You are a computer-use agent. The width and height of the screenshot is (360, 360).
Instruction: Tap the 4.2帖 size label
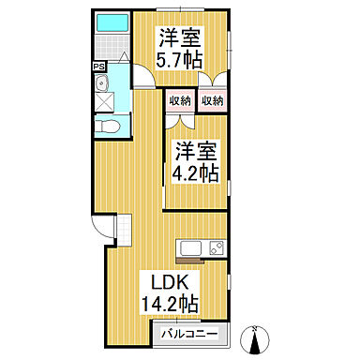[196, 172]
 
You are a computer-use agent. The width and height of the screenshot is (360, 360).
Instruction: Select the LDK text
[170, 281]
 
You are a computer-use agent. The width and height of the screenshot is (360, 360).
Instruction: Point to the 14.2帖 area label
[170, 303]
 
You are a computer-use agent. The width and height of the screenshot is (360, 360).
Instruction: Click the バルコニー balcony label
[189, 334]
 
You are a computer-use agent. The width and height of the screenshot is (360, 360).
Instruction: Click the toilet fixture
[106, 125]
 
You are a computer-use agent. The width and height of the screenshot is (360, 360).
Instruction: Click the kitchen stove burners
[216, 248]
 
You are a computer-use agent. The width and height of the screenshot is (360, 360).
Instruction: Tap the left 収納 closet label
[179, 100]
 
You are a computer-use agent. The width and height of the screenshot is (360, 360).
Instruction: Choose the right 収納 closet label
[212, 100]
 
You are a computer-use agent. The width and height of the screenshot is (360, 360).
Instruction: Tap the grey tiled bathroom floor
[112, 44]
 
